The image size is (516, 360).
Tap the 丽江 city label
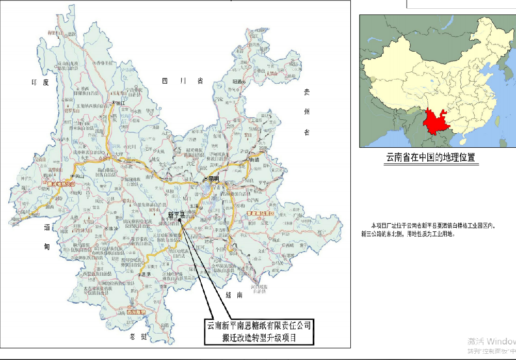[120, 103]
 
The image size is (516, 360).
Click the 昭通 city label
[239, 82]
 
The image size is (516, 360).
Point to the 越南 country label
[234, 295]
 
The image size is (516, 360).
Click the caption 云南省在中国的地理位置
[430, 158]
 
